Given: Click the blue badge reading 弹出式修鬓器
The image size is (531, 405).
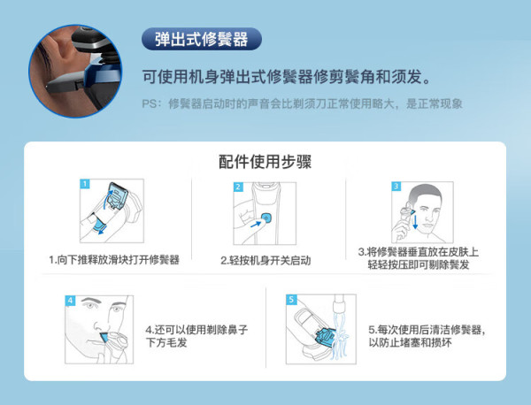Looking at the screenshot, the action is pos(202,39).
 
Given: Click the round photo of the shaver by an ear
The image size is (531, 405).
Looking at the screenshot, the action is pos(75,71).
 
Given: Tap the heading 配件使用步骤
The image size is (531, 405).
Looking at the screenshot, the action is pos(265,162).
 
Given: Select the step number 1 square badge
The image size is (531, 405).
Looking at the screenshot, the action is pos(85,184).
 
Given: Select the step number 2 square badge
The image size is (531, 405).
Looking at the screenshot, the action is pos(238,187).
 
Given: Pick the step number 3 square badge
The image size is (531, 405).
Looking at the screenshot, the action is pos(396,187).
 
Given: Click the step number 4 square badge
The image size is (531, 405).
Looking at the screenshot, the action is pos(70,301).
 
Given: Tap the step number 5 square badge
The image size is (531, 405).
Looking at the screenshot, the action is pos(291,300).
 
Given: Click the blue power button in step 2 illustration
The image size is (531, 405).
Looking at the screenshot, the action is pos(266,218).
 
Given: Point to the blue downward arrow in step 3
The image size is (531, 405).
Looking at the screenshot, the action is pos(415,222).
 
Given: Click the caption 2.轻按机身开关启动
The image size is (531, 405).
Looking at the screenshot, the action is pos(265,261).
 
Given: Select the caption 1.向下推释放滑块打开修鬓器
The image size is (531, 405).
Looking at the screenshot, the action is pos(114,260).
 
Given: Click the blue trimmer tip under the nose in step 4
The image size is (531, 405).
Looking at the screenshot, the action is pos(104,338).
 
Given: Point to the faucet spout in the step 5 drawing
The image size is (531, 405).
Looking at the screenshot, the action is pos(339,303).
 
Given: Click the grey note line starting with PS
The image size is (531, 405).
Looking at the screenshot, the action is pos(302,103).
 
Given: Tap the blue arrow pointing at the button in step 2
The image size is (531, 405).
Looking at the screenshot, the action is pos(256,225).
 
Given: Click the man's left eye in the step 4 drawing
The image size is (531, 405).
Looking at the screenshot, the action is pos(116,309).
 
